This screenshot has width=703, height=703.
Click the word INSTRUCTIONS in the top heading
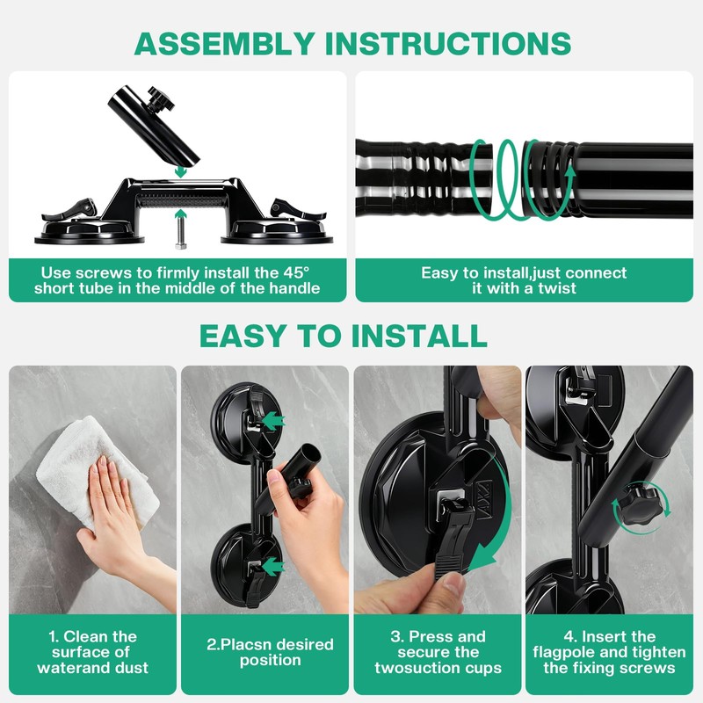point(448,43)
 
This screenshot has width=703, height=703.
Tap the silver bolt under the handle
point(181,232)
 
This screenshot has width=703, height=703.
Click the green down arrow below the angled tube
point(181,171)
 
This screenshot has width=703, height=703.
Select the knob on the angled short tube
point(161,99)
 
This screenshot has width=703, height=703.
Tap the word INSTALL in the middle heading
point(419,336)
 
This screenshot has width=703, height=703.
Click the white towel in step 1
point(97,471)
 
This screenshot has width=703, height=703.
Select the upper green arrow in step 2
point(273,421)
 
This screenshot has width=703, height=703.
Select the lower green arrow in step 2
point(273,566)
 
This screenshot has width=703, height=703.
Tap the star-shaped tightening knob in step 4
point(641,505)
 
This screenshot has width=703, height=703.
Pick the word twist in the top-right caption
point(557,288)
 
